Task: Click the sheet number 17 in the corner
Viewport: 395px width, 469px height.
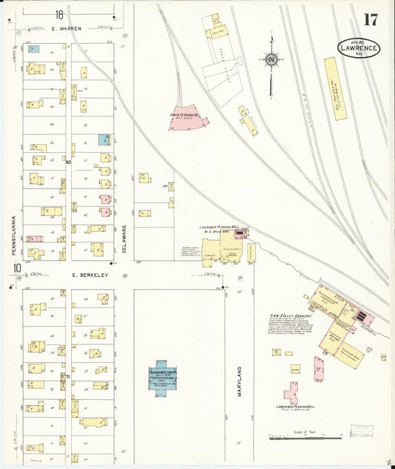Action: click(x=370, y=20)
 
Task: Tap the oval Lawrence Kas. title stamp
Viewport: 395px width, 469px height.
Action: click(x=360, y=48)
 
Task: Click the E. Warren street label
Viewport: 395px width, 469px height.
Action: click(x=66, y=28)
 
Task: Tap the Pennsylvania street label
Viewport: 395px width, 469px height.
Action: click(x=13, y=237)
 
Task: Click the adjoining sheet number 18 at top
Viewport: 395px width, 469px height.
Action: click(x=59, y=14)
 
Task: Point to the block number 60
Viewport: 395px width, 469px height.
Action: click(x=67, y=162)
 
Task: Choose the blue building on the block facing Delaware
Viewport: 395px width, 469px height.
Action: click(x=104, y=140)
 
